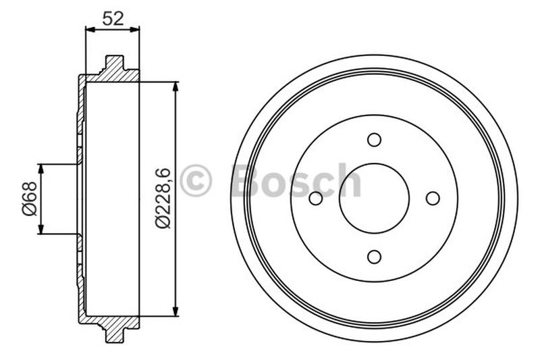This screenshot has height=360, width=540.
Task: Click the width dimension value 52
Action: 112,19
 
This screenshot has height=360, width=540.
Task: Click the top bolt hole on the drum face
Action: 374,139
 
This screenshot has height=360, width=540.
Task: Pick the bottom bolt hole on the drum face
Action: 374,257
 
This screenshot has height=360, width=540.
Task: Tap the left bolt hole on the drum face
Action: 315,198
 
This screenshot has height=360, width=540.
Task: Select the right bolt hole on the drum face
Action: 433,198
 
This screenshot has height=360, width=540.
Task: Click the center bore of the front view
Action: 374,198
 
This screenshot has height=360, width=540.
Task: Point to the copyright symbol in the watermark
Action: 196,181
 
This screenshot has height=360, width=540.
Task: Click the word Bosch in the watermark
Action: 296,181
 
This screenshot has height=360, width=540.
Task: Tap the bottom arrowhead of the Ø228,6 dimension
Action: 175,311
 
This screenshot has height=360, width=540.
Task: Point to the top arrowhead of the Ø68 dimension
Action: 41,168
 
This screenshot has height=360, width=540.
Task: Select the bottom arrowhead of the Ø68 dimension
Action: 41,230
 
